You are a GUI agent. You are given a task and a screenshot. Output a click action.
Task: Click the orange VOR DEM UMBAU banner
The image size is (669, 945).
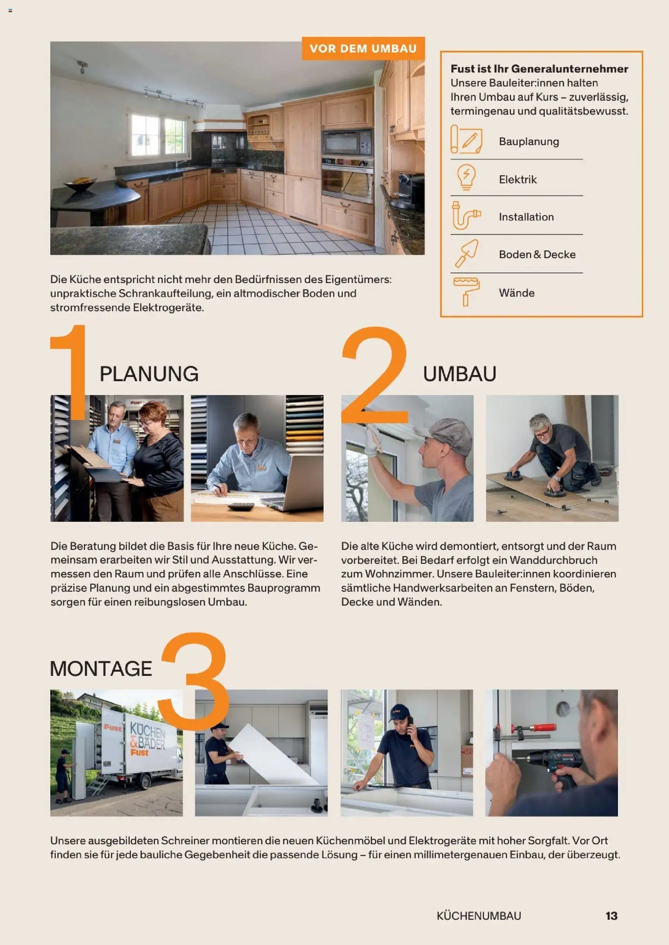tap(363, 48)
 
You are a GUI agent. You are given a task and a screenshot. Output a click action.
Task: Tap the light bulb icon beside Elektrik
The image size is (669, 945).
tap(466, 177)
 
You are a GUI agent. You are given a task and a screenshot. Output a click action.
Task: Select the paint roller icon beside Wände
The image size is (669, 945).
tap(466, 292)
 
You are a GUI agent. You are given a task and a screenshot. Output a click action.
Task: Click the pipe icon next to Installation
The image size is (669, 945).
tap(466, 215)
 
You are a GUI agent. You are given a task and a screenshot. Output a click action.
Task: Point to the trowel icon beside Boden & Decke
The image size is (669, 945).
tap(466, 254)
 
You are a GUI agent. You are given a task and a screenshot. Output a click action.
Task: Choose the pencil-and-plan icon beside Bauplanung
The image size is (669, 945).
tap(466, 139)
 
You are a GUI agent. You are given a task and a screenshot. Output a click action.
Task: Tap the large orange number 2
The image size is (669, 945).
tap(375, 375)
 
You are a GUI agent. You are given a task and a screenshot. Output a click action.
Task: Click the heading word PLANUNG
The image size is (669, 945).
tap(149, 374)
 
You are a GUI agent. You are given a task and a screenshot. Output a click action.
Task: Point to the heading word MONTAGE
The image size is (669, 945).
tap(101, 668)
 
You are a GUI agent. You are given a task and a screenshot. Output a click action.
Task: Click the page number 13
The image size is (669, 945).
tap(612, 916)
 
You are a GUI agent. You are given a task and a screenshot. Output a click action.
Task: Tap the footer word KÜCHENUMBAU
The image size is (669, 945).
tap(479, 916)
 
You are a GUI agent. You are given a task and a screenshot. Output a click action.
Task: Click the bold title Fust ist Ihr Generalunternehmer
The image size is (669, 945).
tap(539, 69)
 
